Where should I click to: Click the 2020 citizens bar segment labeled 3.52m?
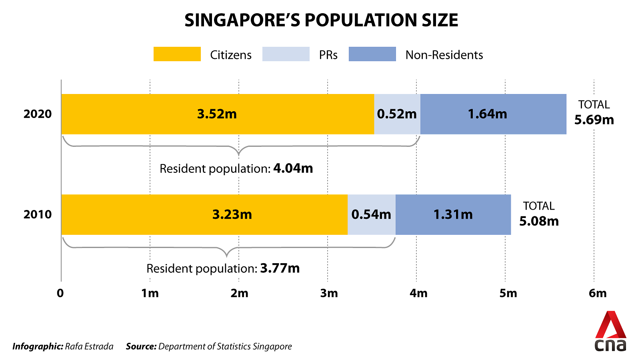[x=217, y=114]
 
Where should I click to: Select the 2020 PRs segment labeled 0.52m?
[x=397, y=114]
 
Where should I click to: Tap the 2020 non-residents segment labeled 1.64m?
[x=488, y=114]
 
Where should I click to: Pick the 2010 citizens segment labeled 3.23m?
[x=232, y=214]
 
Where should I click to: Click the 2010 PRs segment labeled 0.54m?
[x=371, y=214]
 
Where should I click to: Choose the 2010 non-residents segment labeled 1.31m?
[x=453, y=214]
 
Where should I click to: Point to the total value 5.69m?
[x=594, y=120]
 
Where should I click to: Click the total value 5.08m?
[x=539, y=221]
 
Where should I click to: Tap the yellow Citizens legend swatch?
[x=177, y=54]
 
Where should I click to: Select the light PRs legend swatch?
[x=286, y=54]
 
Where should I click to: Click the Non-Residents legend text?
[x=444, y=55]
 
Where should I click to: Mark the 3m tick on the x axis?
[x=329, y=293]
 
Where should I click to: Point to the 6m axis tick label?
[x=597, y=293]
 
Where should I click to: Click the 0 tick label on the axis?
[x=60, y=293]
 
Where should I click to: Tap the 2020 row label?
[x=38, y=114]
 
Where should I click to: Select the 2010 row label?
[x=38, y=214]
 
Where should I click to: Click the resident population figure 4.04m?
[x=293, y=168]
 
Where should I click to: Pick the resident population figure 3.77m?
[x=280, y=268]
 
